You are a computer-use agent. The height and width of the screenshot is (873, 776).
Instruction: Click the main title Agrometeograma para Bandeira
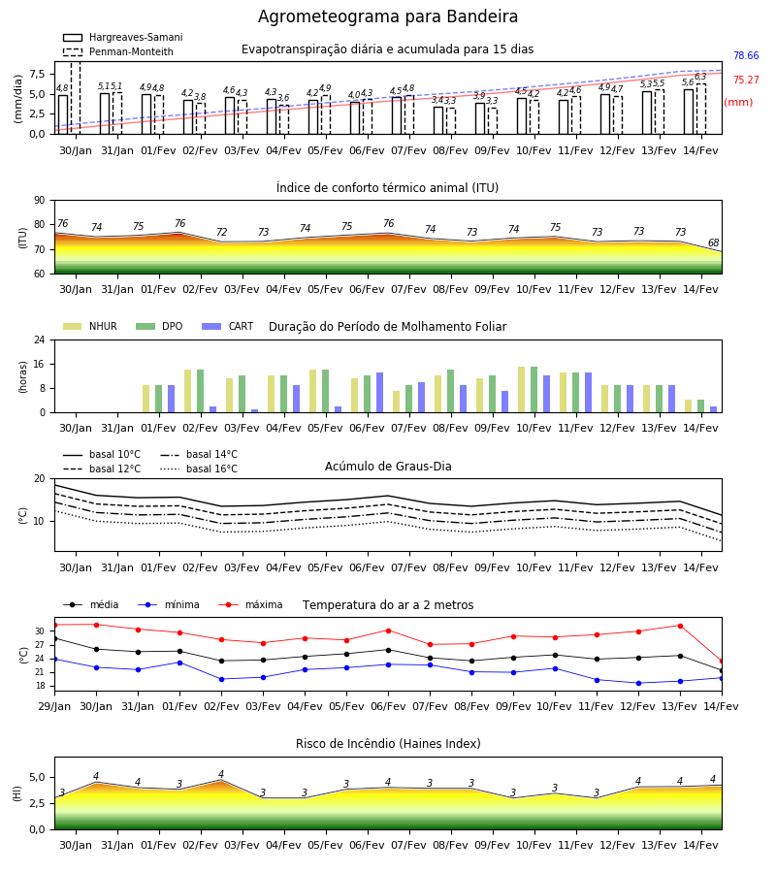387,16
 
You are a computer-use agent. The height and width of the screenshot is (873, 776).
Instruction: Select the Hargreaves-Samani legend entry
123,37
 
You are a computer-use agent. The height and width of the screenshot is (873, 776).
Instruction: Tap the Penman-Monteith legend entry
118,51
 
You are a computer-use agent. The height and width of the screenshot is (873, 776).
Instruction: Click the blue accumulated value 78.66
746,55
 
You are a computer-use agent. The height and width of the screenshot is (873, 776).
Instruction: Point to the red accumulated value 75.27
746,80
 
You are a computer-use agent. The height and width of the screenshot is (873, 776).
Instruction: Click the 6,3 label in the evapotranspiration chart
700,77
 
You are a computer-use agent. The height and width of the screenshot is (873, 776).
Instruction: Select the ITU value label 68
713,242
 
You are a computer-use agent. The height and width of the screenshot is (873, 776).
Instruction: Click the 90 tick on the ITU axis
40,201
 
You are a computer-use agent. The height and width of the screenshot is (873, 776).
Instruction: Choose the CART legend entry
228,326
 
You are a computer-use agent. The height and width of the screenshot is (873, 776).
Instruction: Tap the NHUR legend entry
90,326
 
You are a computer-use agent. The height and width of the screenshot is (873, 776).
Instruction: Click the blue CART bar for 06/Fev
379,393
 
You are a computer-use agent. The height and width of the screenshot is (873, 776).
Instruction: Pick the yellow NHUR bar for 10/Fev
521,390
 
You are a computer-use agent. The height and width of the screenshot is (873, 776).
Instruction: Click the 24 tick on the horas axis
40,339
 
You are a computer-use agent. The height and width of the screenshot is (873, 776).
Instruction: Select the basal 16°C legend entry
199,469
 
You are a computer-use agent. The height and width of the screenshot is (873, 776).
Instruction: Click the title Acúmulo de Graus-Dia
388,467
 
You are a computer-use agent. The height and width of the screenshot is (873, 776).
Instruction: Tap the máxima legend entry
250,604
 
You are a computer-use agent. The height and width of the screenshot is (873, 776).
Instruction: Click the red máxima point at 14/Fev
722,662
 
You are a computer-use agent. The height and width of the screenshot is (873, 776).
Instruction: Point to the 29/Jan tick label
54,706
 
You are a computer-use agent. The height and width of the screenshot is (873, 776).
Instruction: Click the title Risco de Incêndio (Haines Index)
388,744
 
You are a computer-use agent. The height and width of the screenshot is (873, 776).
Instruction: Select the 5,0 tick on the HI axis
37,777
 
